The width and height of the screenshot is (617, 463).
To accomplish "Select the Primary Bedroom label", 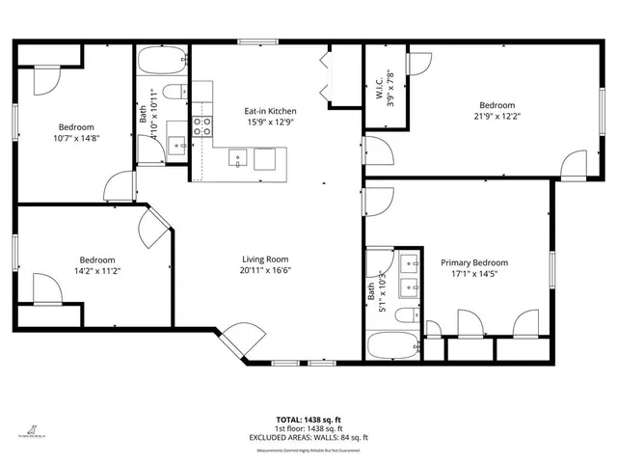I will point(474,262).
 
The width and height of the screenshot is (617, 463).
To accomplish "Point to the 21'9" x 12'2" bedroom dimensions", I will point(496,117).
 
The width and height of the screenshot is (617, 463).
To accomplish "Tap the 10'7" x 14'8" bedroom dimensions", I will point(75,138).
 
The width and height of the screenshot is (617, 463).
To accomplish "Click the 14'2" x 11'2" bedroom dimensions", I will point(97,271).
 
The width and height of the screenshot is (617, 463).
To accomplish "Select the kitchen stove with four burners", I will point(202,123).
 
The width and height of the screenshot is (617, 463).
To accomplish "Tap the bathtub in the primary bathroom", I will point(392,346).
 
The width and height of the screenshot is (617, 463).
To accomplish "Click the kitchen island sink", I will point(236,158).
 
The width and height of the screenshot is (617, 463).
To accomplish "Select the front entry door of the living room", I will point(240,340).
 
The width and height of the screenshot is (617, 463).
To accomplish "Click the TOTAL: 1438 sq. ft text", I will point(308,421).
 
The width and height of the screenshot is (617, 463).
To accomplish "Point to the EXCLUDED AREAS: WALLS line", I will point(308,437).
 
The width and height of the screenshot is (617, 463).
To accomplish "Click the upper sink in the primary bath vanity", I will point(408,261).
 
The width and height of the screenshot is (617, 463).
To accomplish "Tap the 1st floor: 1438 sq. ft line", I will point(308,429).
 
